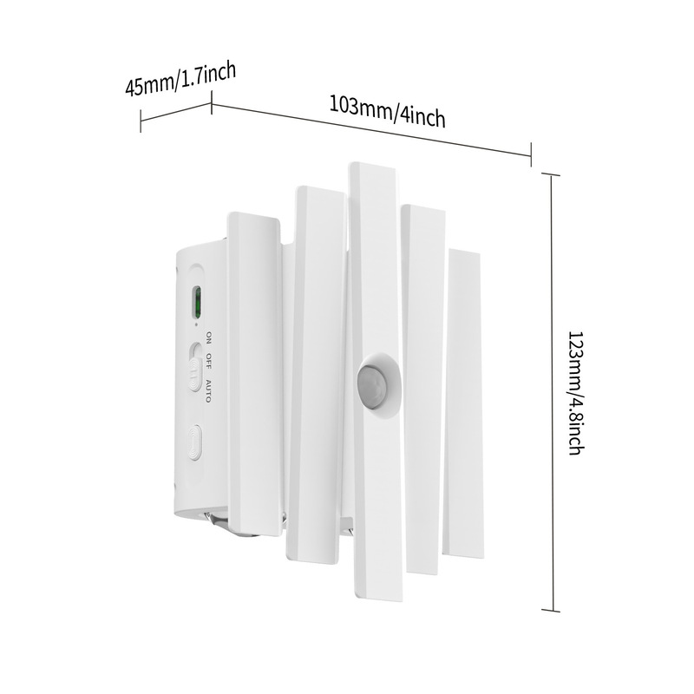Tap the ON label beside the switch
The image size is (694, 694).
click(208, 337)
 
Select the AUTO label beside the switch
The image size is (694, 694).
click(208, 390)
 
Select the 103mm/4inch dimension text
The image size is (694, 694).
click(387, 112)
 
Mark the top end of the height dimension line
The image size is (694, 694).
click(553, 173)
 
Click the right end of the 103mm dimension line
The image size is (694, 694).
click(531, 156)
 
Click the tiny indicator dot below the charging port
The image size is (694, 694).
click(198, 324)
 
